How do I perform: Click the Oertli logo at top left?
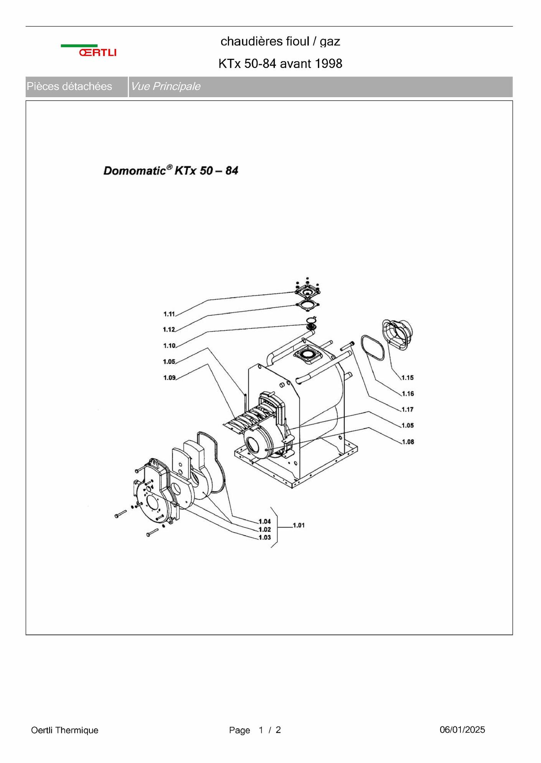pos(89,51)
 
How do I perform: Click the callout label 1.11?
pos(169,314)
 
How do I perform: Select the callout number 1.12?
pos(169,329)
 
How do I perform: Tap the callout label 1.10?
pos(169,345)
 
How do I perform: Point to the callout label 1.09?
pos(169,378)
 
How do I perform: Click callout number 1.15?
pos(407,378)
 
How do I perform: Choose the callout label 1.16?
pos(408,393)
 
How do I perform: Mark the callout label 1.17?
pos(407,410)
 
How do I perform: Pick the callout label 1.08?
pos(408,442)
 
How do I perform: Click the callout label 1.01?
pos(299,525)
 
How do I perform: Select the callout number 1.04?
pos(264,521)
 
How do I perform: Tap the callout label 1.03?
pos(264,537)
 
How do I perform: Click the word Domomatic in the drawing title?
pos(135,171)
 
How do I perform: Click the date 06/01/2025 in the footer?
pos(462,730)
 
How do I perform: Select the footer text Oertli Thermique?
pos(64,730)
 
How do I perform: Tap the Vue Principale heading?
pos(165,86)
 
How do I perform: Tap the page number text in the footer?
pos(255,730)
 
